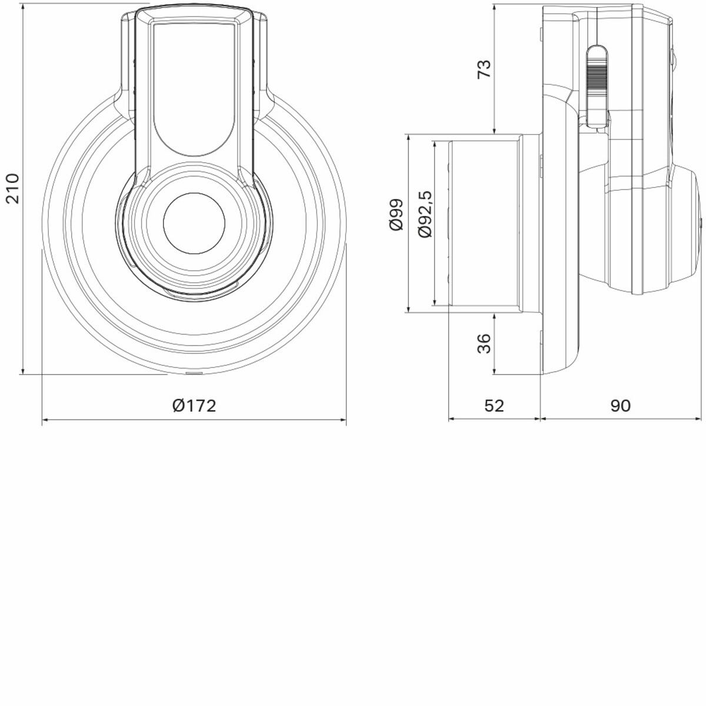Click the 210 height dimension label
point(13,188)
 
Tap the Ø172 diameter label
point(194,405)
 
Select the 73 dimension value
point(484,69)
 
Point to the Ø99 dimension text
point(396,214)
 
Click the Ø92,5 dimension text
point(425,214)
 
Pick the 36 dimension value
point(484,343)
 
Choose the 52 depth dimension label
point(494,405)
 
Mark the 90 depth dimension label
point(621,405)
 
